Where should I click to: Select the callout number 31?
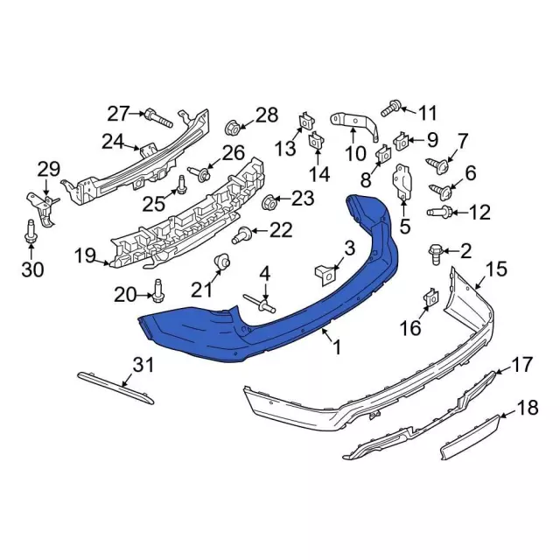(142, 363)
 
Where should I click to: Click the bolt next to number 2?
(435, 253)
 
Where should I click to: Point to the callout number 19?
(85, 255)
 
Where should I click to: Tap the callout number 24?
(113, 142)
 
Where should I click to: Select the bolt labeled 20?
(159, 286)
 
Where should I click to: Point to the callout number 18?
(527, 407)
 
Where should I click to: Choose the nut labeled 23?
(271, 202)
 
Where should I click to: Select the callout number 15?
(496, 269)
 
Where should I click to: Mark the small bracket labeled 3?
(325, 271)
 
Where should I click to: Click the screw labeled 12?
(440, 212)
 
